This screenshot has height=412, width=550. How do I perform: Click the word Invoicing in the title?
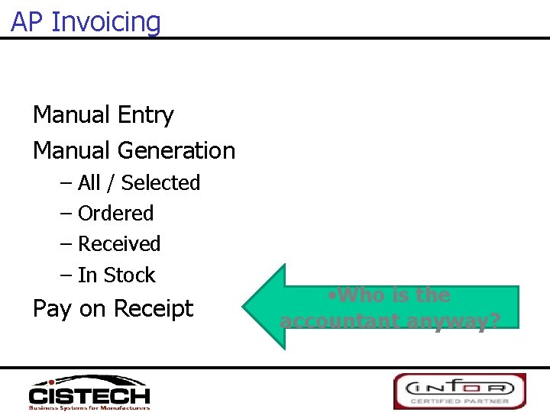106,23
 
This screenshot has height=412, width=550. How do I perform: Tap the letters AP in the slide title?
27,22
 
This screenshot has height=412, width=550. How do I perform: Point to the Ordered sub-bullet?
115,214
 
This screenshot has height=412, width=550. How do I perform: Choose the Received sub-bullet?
119,244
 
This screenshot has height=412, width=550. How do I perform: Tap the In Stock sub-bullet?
116,275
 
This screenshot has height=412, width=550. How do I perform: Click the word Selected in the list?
160,183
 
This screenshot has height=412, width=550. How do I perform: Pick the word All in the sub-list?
89,183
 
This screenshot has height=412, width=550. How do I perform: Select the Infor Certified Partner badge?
459,391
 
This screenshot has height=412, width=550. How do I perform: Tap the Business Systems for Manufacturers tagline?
89,407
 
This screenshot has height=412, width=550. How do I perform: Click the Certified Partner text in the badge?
459,401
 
